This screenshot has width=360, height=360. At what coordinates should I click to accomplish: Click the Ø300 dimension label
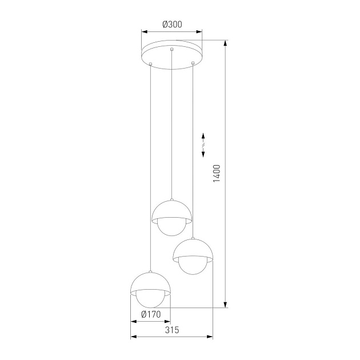(x=171, y=24)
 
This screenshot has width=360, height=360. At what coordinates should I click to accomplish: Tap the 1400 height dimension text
(x=216, y=173)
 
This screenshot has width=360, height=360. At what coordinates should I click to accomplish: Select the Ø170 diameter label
(x=151, y=314)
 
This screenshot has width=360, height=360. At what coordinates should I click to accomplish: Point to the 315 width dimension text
(x=172, y=330)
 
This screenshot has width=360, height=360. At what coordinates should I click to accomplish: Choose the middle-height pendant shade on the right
(x=194, y=250)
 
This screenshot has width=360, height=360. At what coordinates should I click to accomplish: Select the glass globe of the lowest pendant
(x=151, y=300)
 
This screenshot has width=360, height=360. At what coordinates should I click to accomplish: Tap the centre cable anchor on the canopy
(x=171, y=51)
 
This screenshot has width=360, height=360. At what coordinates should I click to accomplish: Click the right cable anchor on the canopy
(x=193, y=61)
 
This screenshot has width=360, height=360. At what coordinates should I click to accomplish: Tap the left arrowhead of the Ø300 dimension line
(x=143, y=32)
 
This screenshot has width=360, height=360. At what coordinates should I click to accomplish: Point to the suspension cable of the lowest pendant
(x=150, y=171)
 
